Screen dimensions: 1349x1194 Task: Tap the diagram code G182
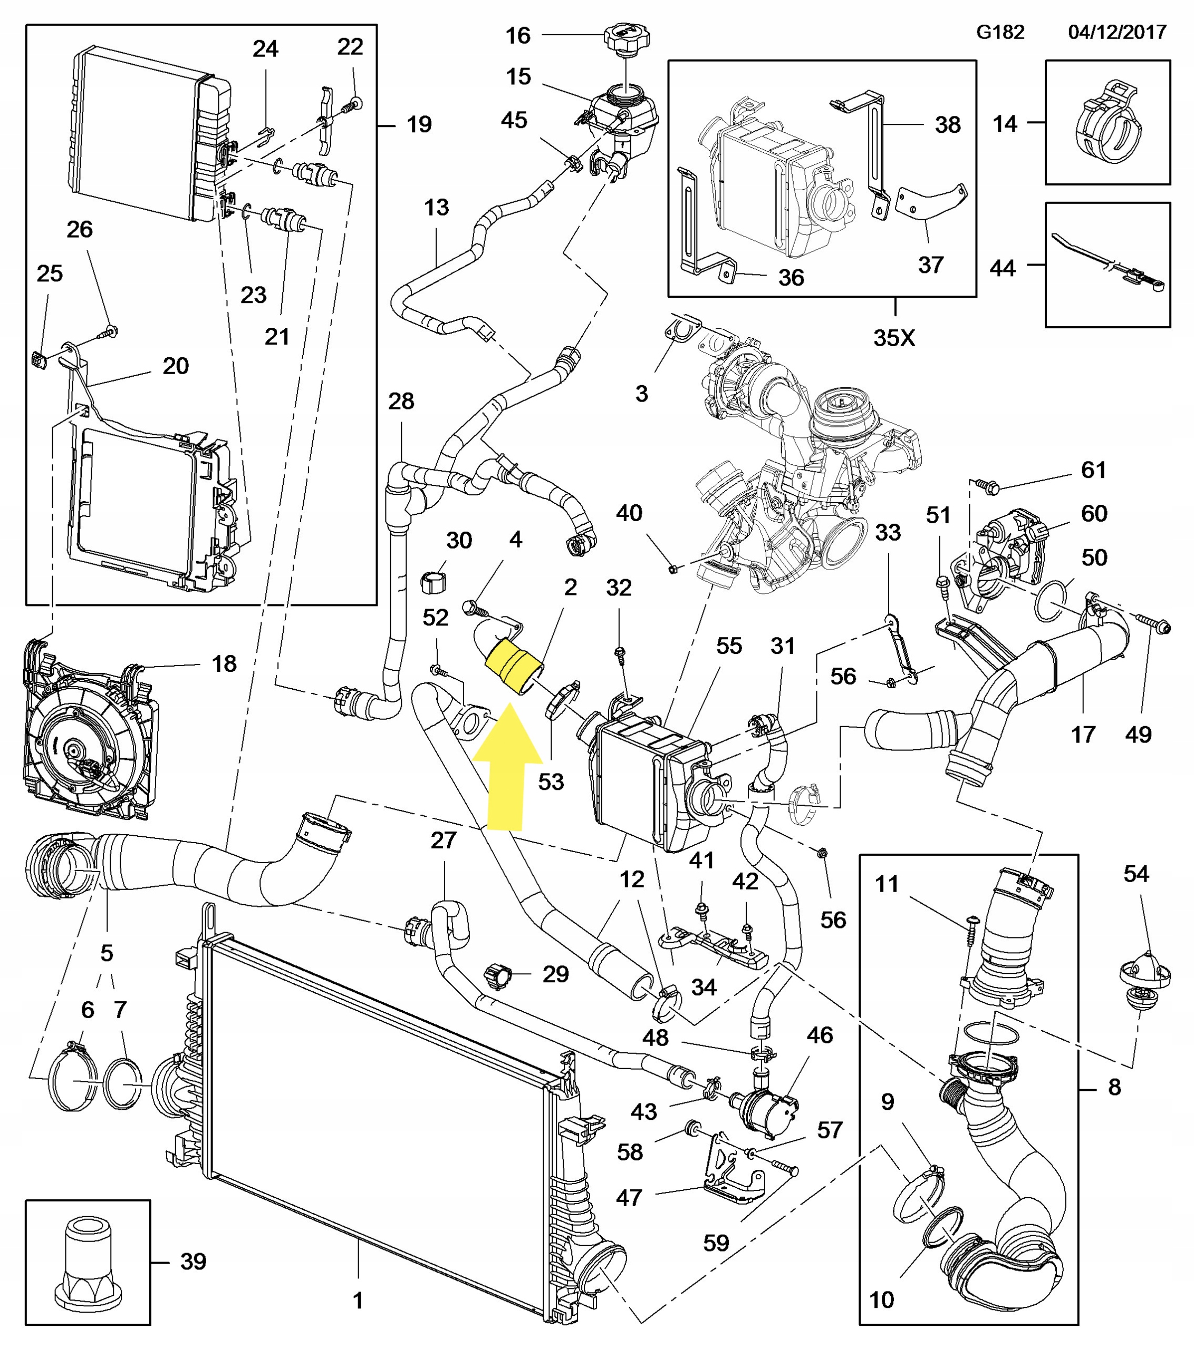pos(1000,32)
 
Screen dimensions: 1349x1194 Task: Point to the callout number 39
pos(193,1261)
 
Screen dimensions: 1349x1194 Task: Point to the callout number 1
pos(358,1300)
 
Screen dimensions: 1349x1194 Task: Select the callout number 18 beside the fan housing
pos(224,663)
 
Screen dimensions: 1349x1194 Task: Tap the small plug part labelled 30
pos(433,583)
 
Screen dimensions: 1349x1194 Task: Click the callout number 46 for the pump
pos(820,1035)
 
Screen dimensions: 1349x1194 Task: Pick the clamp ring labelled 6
pos(73,1081)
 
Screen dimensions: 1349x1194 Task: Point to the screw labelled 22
pos(353,104)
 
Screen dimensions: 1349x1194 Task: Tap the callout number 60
pos(1094,513)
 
